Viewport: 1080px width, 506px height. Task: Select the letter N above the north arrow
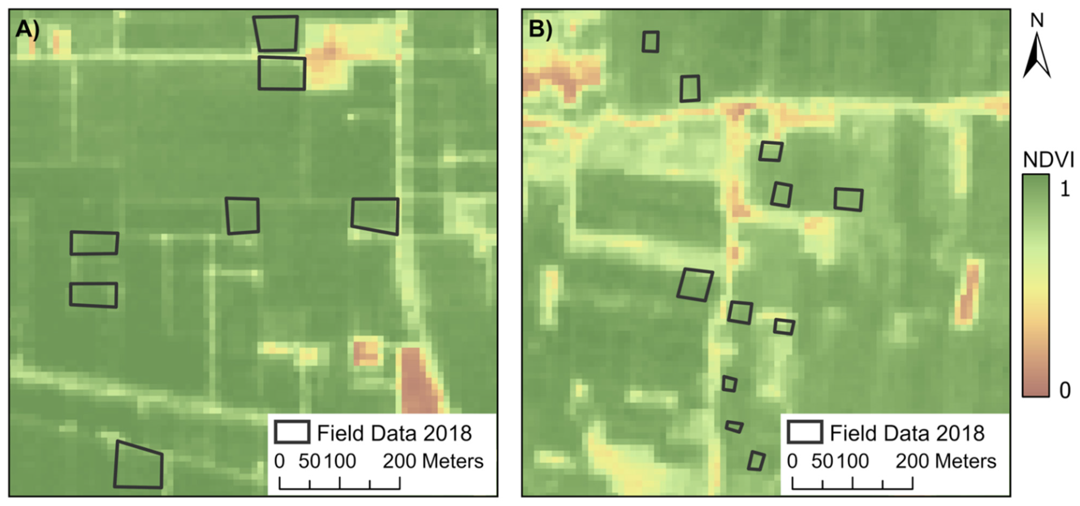[1037, 20]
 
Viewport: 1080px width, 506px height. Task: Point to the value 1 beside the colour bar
[1065, 189]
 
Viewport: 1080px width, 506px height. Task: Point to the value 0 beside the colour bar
[1065, 390]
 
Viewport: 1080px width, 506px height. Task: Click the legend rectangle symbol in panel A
[292, 432]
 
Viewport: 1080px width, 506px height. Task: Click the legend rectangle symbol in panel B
[804, 432]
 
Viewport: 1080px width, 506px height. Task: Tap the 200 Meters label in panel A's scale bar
[433, 461]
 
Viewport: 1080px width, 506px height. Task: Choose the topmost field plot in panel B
[650, 42]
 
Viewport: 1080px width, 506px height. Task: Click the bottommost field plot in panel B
[756, 461]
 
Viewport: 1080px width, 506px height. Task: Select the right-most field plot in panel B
[848, 199]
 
